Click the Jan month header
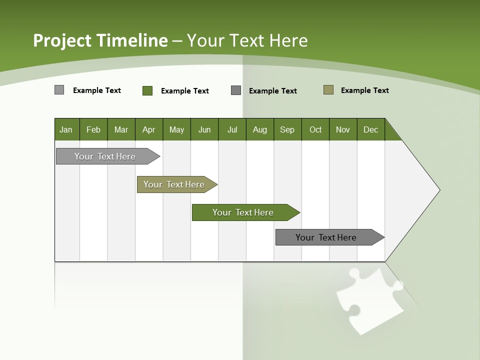[66, 129]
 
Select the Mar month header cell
[121, 129]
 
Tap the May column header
[176, 129]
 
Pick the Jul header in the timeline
[232, 129]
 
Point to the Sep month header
[287, 129]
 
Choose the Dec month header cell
[370, 129]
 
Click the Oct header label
[315, 129]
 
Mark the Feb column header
[93, 129]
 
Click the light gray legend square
[59, 90]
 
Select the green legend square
[147, 90]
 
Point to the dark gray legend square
[236, 90]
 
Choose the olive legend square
[328, 90]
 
